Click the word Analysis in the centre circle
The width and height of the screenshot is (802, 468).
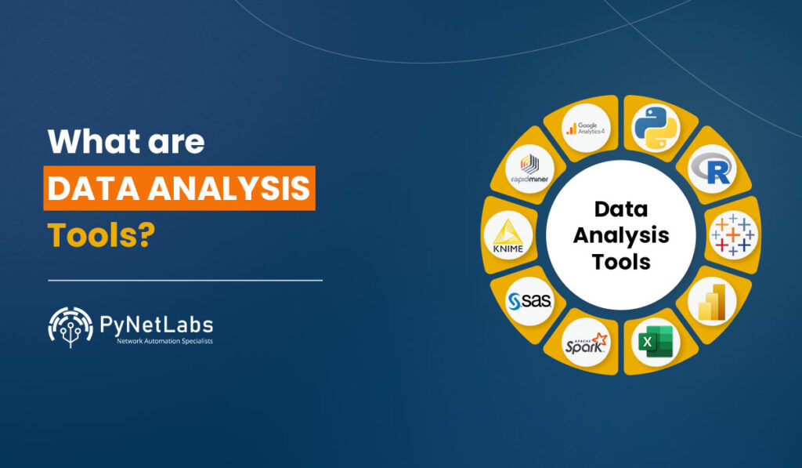pos(621,234)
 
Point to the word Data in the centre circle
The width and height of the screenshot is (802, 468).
pos(621,209)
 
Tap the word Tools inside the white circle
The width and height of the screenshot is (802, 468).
pos(621,261)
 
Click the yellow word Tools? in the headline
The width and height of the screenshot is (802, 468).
pos(99,235)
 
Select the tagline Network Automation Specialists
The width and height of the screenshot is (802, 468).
pos(164,341)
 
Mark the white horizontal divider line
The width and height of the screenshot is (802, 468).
pos(185,279)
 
